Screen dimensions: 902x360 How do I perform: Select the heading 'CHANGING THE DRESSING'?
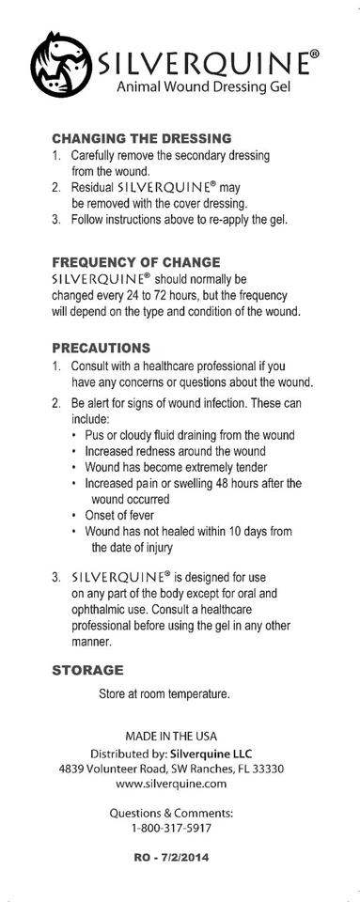(134, 138)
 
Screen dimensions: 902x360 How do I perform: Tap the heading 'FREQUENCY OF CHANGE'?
(135, 261)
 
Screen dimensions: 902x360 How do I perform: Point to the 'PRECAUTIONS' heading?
(101, 347)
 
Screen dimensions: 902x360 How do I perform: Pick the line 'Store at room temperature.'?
(164, 695)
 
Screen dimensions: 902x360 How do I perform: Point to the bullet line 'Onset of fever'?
(119, 515)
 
